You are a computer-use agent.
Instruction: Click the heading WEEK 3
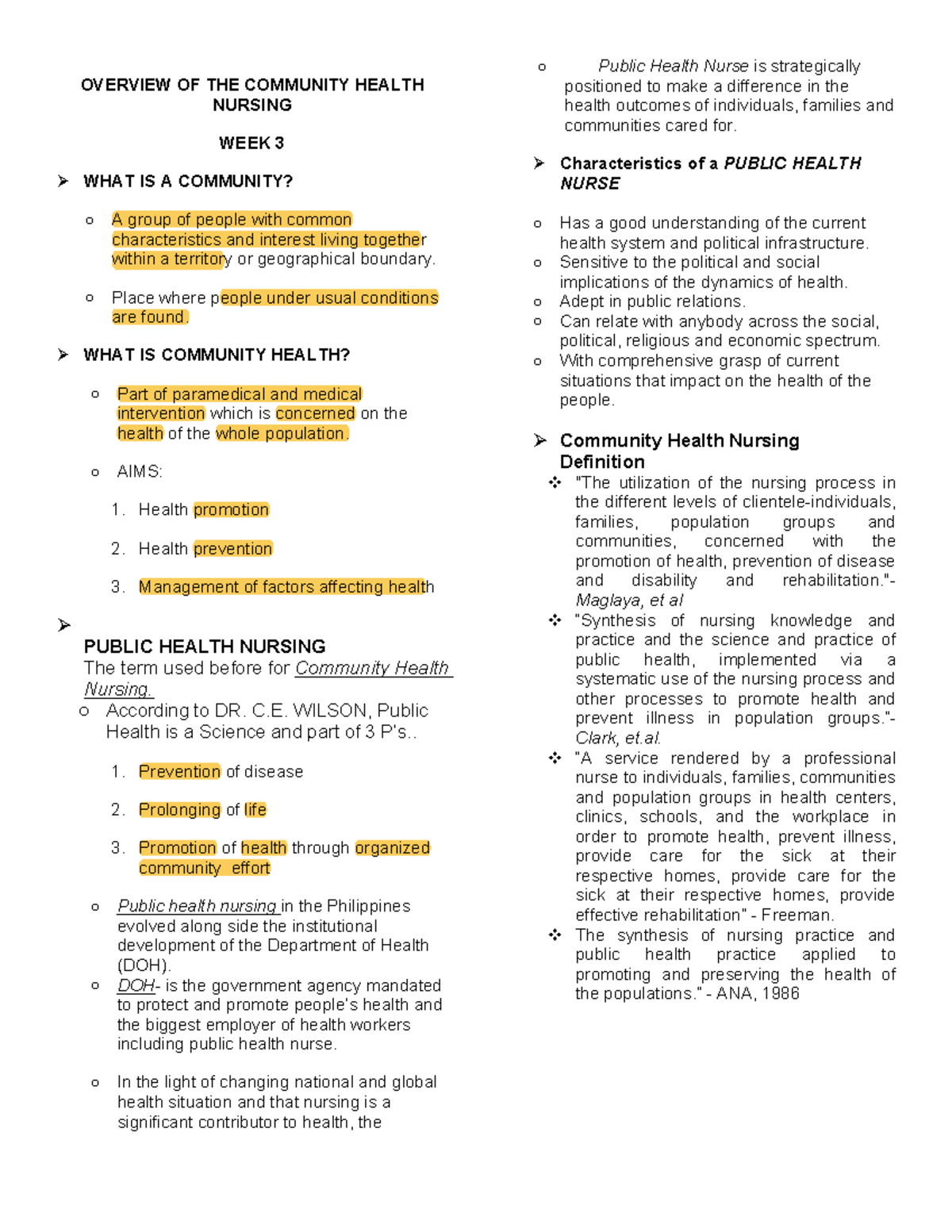click(x=251, y=144)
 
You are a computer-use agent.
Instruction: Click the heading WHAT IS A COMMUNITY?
click(x=187, y=182)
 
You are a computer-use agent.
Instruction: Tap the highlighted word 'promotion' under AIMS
click(x=231, y=510)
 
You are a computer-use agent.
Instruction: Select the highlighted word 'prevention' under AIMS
click(x=232, y=549)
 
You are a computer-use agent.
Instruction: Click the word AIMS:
click(x=139, y=472)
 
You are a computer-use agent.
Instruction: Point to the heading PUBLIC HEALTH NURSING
click(x=205, y=647)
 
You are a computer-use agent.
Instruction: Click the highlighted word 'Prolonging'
click(x=179, y=810)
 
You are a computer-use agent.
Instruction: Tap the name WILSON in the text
click(x=330, y=711)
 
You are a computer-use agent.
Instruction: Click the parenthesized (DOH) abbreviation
click(x=144, y=965)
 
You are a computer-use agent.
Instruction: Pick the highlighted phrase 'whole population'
click(x=281, y=434)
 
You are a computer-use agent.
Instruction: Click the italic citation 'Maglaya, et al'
click(x=628, y=601)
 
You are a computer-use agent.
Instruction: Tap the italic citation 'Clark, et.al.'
click(x=618, y=739)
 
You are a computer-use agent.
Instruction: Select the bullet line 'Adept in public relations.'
click(x=651, y=302)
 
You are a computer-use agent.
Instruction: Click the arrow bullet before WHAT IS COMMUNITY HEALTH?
click(x=63, y=355)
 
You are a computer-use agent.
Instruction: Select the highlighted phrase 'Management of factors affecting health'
click(x=286, y=587)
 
